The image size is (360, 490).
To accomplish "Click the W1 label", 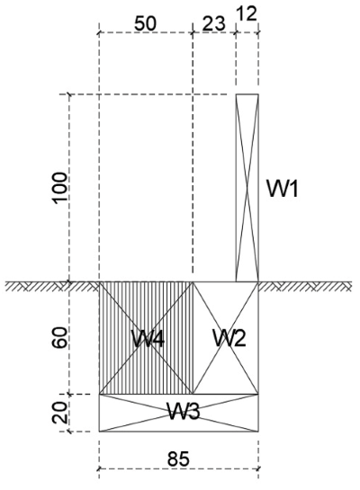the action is (283, 188).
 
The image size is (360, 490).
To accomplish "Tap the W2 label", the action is (229, 338).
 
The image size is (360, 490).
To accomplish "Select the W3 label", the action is (184, 411).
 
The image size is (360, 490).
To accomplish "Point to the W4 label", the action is (148, 338).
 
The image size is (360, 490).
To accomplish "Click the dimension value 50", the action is (145, 23).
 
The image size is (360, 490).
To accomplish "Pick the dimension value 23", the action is (213, 23).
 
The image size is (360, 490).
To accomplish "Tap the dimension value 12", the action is (247, 13).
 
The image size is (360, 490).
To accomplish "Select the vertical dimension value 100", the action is (60, 189).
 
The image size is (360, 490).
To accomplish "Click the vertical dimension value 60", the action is (59, 337).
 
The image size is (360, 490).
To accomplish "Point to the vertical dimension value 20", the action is (59, 412).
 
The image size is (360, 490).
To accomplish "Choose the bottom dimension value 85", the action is (178, 459).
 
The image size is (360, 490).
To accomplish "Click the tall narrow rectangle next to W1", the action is (247, 188).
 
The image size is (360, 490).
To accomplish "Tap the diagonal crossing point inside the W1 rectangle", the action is (247, 188).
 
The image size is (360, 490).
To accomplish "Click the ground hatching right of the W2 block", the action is (305, 287).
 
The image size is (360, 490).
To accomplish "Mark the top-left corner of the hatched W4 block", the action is (100, 282).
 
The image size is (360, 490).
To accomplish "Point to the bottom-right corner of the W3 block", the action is (258, 432).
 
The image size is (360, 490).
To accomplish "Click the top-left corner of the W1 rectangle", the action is (236, 94).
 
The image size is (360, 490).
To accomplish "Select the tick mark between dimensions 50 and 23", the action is (193, 32).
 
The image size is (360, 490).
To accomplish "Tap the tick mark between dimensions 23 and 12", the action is (236, 32).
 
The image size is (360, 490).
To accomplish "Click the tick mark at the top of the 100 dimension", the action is (69, 94).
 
